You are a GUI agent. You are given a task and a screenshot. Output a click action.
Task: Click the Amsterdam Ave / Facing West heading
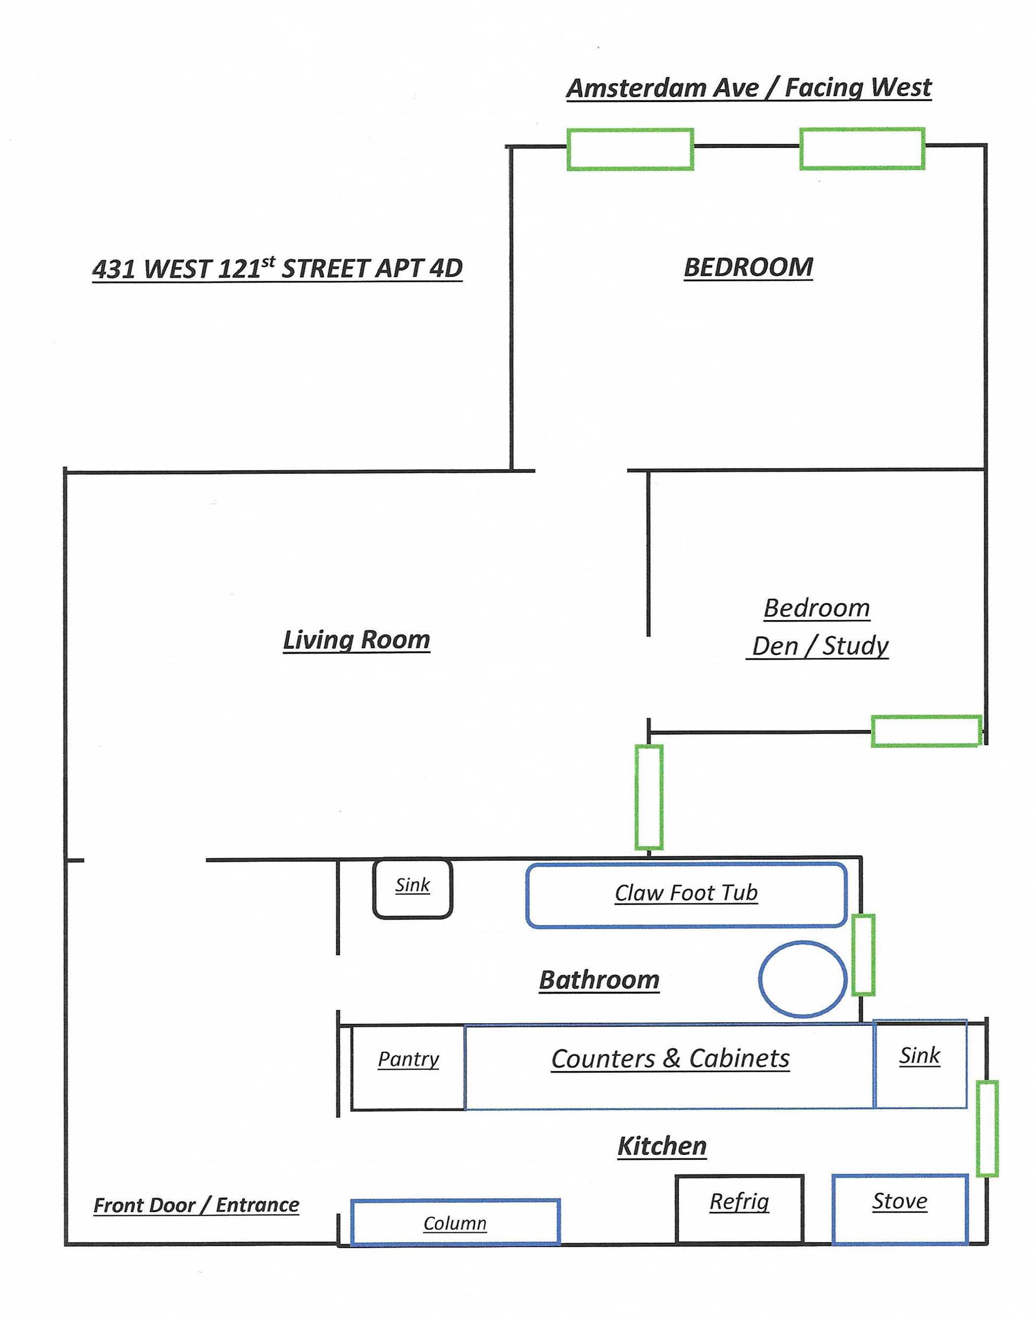(x=748, y=88)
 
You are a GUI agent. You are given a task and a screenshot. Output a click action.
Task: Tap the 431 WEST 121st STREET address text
(x=277, y=268)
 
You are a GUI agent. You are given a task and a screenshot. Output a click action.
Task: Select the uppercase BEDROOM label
(x=748, y=267)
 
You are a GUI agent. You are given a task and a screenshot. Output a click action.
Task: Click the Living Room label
(x=356, y=639)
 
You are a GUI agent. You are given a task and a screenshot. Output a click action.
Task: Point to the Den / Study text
(x=820, y=646)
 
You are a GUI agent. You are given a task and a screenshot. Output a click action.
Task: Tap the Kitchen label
(x=662, y=1146)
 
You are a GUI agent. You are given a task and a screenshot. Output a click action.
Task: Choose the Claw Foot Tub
(x=686, y=895)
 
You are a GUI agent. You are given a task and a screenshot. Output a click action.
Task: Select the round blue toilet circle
(x=802, y=978)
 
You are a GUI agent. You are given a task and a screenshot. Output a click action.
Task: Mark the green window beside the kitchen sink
(x=987, y=1128)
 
